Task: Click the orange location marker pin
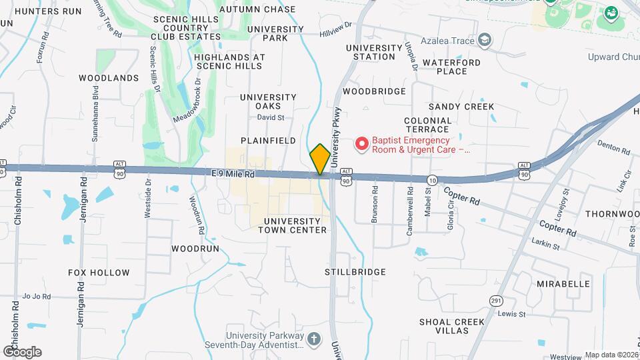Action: point(320,159)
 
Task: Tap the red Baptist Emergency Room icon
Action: point(362,143)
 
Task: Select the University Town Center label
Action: point(295,225)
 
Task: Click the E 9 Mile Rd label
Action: point(233,173)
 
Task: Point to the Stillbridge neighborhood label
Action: point(355,272)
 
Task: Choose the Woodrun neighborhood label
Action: point(195,248)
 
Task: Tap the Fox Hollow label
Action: point(99,273)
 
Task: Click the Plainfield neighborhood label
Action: point(268,141)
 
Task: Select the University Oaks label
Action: point(268,101)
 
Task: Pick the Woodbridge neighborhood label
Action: point(374,91)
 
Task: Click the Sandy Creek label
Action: point(461,107)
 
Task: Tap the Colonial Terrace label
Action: point(427,125)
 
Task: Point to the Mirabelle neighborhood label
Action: point(563,283)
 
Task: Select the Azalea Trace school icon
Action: point(485,41)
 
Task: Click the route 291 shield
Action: point(495,301)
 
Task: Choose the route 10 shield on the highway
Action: point(433,181)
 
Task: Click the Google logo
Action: point(22,351)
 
